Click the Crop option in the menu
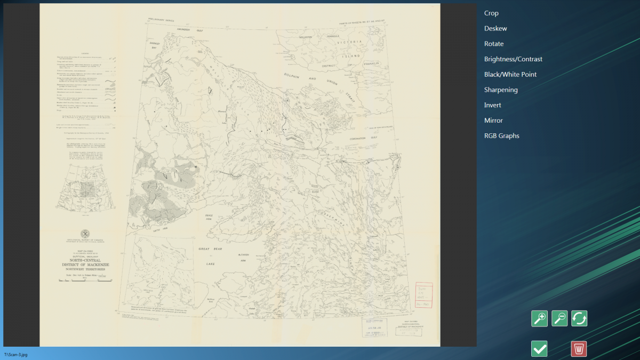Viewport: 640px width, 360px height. click(x=491, y=13)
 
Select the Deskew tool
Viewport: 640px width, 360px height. click(x=495, y=28)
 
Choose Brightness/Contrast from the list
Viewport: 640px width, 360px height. click(x=513, y=59)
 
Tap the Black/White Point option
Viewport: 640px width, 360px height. click(x=510, y=75)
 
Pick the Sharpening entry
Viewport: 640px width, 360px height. click(x=501, y=90)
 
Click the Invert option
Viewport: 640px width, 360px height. click(x=493, y=105)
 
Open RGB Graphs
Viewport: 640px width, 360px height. click(x=501, y=136)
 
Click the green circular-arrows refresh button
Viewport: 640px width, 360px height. click(x=579, y=318)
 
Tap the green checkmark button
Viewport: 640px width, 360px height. click(x=539, y=349)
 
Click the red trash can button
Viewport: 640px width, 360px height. click(x=579, y=349)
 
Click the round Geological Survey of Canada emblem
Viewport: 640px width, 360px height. click(x=85, y=234)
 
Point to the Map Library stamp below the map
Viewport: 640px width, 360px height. click(x=375, y=329)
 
